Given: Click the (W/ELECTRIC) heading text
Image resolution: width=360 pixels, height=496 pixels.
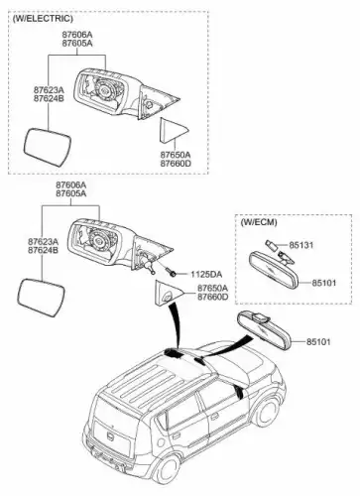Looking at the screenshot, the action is pos(43,19).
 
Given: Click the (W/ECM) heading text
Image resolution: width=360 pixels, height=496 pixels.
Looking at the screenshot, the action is pos(259,222).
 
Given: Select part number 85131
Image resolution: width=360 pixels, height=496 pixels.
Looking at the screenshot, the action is pos(300,245).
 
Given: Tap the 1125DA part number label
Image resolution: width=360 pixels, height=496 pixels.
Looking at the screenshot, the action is pos(206,274).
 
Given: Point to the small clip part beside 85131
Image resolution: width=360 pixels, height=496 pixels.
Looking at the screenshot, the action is pos(270,245).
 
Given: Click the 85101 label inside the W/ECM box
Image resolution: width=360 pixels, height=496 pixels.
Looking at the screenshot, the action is pos(323,283).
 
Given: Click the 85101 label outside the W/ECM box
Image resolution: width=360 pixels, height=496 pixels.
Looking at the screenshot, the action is pos(318,341).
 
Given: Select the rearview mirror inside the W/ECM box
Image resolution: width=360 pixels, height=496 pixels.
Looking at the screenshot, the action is pos(274,269).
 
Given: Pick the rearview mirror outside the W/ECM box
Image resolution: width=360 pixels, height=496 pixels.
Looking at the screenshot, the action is pos(265,330).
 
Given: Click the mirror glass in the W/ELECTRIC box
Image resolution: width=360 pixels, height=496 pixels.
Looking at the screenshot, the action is pos(48,148).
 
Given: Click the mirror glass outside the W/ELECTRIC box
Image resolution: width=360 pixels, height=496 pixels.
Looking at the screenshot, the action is pos(41,298).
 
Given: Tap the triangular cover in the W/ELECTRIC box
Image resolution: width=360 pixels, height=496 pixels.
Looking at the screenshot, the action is pos(173,130).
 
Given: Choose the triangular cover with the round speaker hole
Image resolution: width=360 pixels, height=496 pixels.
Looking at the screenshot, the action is pos(168,294).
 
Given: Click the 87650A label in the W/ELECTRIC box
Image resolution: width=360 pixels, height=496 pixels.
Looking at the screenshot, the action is pos(176,155).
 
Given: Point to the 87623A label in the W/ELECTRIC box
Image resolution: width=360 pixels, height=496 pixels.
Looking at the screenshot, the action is pos(49,90).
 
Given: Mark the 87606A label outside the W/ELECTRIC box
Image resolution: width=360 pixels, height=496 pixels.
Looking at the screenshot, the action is pos(70,185).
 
